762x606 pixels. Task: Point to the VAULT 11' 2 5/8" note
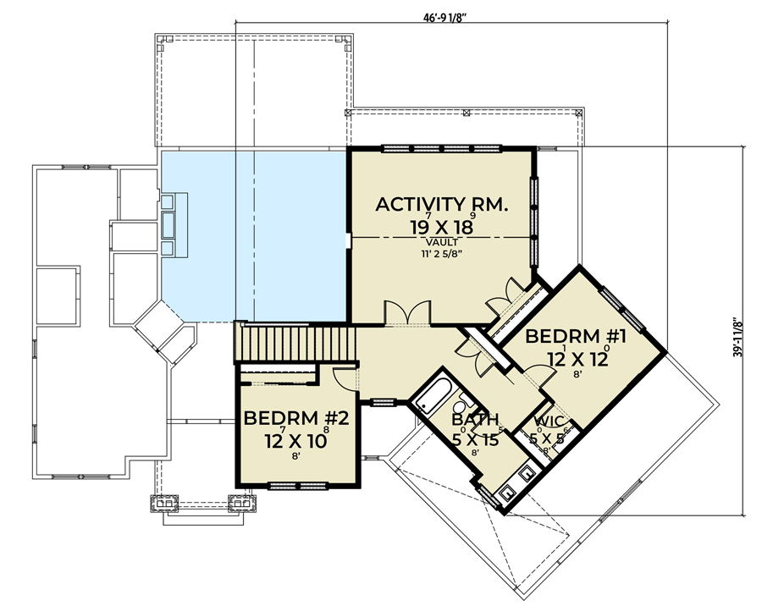[x=441, y=247]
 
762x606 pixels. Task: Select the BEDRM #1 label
[x=576, y=337]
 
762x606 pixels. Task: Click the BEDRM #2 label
[x=293, y=418]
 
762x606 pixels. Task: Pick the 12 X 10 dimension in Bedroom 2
[x=293, y=440]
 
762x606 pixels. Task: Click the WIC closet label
[x=548, y=420]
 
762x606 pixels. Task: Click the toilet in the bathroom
[x=467, y=403]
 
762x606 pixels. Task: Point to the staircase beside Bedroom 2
[x=296, y=344]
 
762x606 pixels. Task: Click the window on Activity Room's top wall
[x=441, y=149]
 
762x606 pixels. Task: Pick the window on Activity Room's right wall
[x=534, y=207]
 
